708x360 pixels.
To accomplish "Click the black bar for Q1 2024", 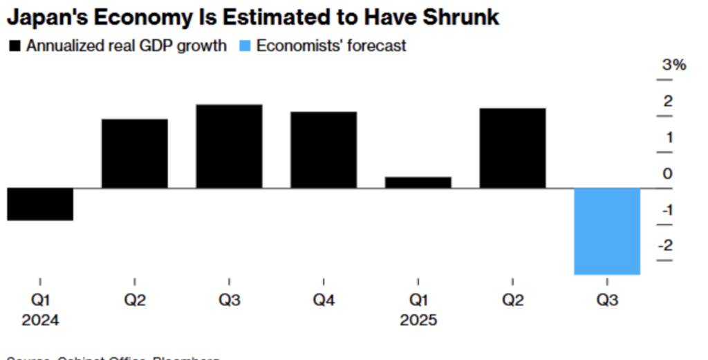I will point(40,204).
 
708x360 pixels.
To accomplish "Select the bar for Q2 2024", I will point(135,153).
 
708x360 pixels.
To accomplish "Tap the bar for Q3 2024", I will point(230,146).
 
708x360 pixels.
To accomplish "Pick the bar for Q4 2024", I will point(324,149).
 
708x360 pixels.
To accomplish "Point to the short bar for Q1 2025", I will point(418,182).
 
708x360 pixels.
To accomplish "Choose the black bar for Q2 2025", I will point(512,148).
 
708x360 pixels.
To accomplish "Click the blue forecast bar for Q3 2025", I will point(607,231).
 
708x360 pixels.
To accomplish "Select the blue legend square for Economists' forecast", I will point(243,47).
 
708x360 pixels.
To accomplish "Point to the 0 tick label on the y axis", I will point(667,173).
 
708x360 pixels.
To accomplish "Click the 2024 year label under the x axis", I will point(40,321).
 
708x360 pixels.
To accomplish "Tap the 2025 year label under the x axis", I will point(418,321).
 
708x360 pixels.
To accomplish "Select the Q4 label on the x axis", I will point(324,301).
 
